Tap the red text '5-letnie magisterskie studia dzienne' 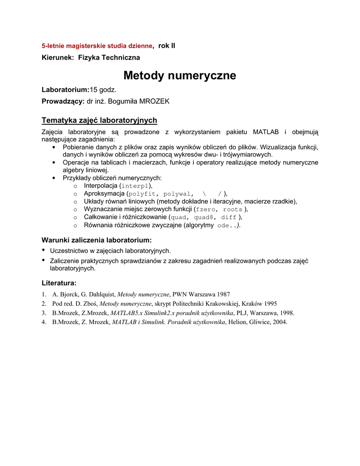97,46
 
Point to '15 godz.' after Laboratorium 103,90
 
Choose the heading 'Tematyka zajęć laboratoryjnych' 99,120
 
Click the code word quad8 204,217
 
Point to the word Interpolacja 101,186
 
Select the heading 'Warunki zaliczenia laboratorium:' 96,240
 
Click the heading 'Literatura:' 59,283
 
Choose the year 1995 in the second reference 268,304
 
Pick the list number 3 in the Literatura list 44,313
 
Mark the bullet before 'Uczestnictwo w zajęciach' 44,250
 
